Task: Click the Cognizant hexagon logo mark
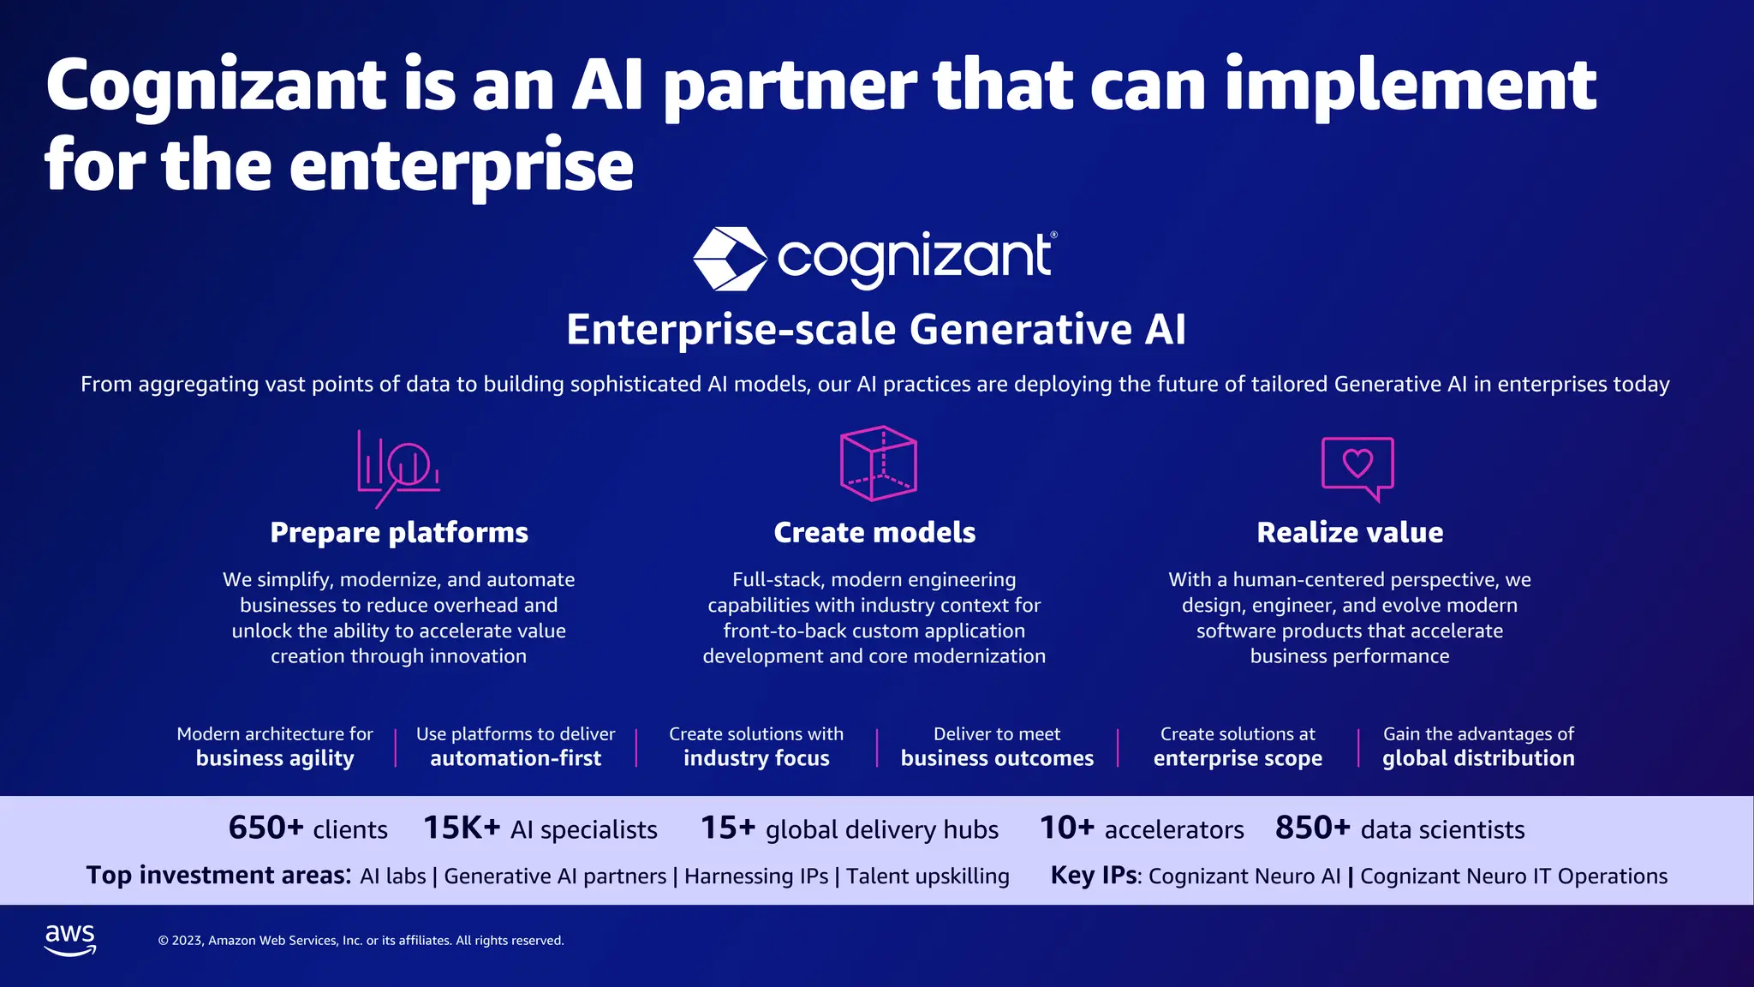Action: (729, 259)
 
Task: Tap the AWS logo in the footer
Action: (70, 940)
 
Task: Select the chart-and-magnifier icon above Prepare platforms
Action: (398, 468)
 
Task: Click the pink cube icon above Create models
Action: (878, 464)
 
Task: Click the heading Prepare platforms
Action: (399, 533)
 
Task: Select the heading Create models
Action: (874, 533)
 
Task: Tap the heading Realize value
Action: (1350, 533)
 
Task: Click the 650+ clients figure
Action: (266, 828)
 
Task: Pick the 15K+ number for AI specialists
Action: (462, 828)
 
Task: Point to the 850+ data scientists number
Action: (1312, 828)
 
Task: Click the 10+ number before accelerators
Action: (1066, 828)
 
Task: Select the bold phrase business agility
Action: (275, 758)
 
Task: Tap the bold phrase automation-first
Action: (516, 758)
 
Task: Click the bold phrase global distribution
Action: (1478, 758)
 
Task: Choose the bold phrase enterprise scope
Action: (1238, 758)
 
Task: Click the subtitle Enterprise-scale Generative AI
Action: (876, 330)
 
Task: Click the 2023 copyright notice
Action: (361, 941)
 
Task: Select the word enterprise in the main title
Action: (462, 165)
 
